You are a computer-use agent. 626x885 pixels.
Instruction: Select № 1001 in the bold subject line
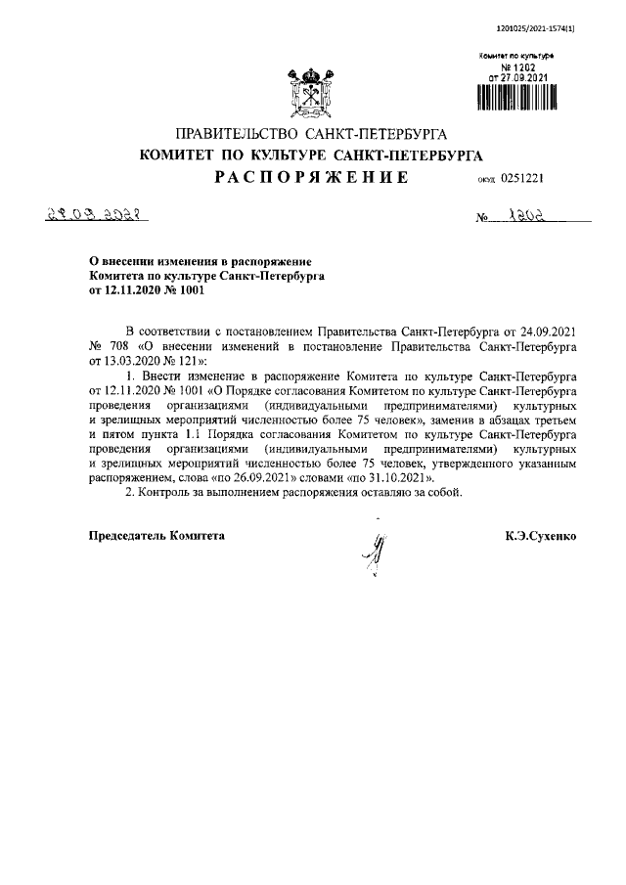(x=175, y=289)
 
